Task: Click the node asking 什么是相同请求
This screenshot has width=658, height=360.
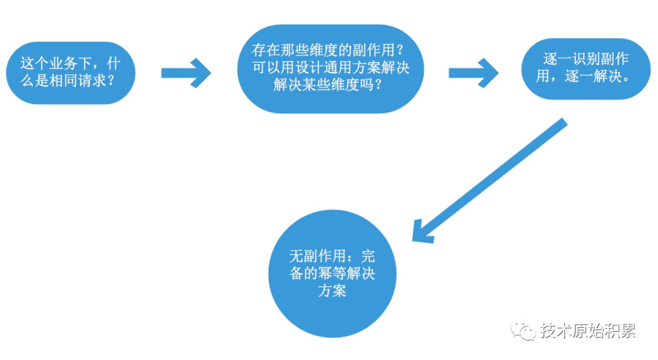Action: (x=70, y=72)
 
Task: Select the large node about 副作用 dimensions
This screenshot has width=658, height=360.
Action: (x=330, y=68)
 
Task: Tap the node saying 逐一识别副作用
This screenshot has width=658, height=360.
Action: (x=585, y=69)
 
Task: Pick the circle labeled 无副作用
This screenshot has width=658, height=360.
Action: (x=332, y=273)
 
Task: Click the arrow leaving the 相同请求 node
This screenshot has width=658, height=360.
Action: (x=186, y=73)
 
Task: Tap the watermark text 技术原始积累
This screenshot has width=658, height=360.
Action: (x=588, y=331)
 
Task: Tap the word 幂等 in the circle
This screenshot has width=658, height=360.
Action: (x=332, y=274)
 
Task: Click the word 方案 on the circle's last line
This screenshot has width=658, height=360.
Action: (x=332, y=291)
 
